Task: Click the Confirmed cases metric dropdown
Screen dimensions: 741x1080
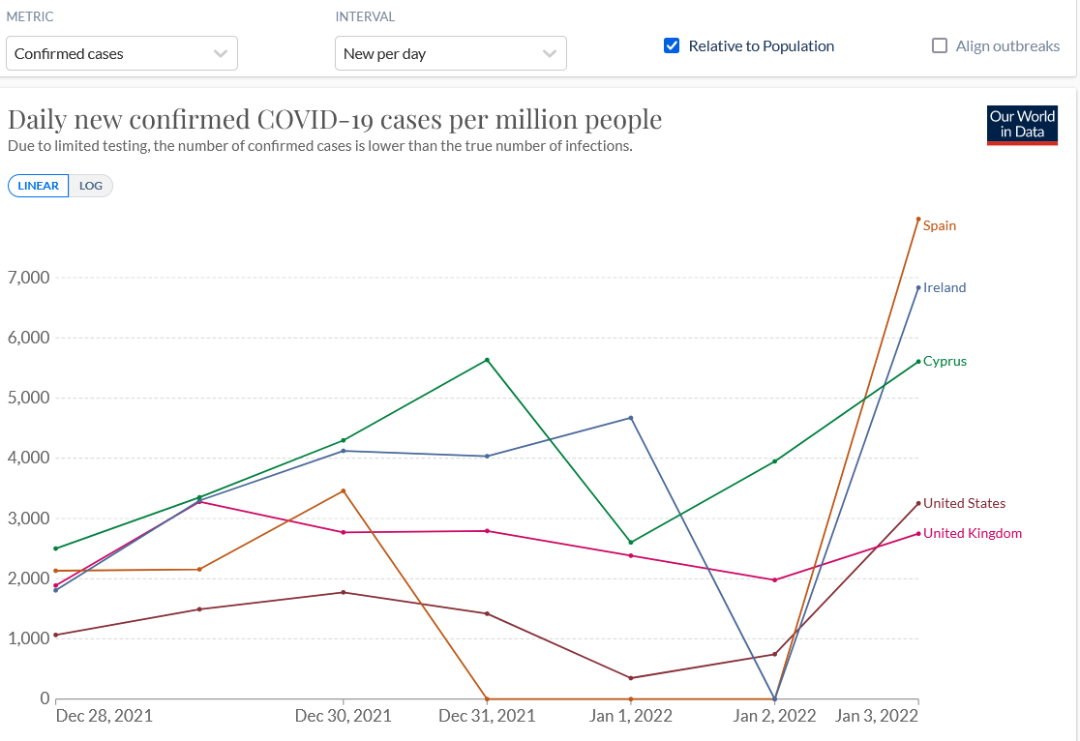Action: coord(121,53)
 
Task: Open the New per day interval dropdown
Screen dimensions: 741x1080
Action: coord(450,53)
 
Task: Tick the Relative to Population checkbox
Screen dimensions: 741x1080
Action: coord(672,45)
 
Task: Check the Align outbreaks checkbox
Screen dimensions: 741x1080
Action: coord(940,45)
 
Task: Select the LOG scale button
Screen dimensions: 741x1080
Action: coord(91,186)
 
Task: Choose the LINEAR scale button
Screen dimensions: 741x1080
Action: coord(39,186)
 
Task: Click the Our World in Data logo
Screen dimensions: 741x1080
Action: coord(1022,125)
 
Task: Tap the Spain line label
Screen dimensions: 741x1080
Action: coord(939,225)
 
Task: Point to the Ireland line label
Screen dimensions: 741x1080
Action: coord(945,287)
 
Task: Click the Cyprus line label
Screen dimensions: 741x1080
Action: coord(945,361)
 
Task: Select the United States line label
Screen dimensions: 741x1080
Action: coord(964,503)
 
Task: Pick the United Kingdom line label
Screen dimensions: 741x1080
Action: coord(972,533)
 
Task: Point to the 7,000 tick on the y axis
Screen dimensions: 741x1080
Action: coord(28,278)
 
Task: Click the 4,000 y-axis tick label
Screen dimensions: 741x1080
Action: coord(28,458)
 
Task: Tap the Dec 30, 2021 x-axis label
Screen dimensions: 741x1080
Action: coord(344,716)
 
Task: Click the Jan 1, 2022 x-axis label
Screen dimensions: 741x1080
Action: coord(631,716)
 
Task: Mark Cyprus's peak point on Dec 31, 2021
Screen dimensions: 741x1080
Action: coord(487,360)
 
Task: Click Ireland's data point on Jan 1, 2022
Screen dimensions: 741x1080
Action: coord(631,418)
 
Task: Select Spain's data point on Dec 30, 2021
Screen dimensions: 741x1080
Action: coord(344,490)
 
